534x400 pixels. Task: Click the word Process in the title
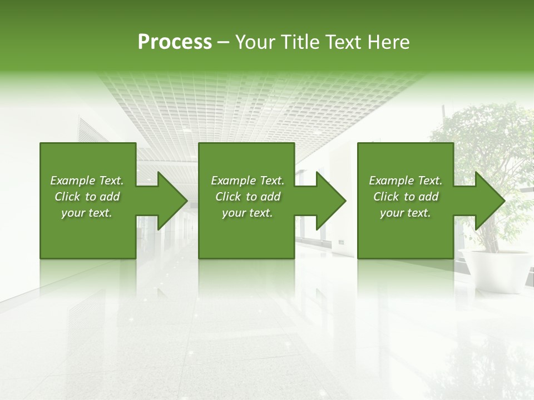pyautogui.click(x=175, y=42)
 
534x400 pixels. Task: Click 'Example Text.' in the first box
pyautogui.click(x=87, y=181)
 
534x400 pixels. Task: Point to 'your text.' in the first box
pyautogui.click(x=87, y=213)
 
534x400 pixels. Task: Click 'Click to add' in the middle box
pyautogui.click(x=248, y=197)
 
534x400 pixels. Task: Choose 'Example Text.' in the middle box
pyautogui.click(x=248, y=181)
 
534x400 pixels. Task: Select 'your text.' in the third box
pyautogui.click(x=405, y=213)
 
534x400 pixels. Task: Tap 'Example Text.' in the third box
pyautogui.click(x=406, y=181)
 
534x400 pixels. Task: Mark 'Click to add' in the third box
pyautogui.click(x=406, y=197)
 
